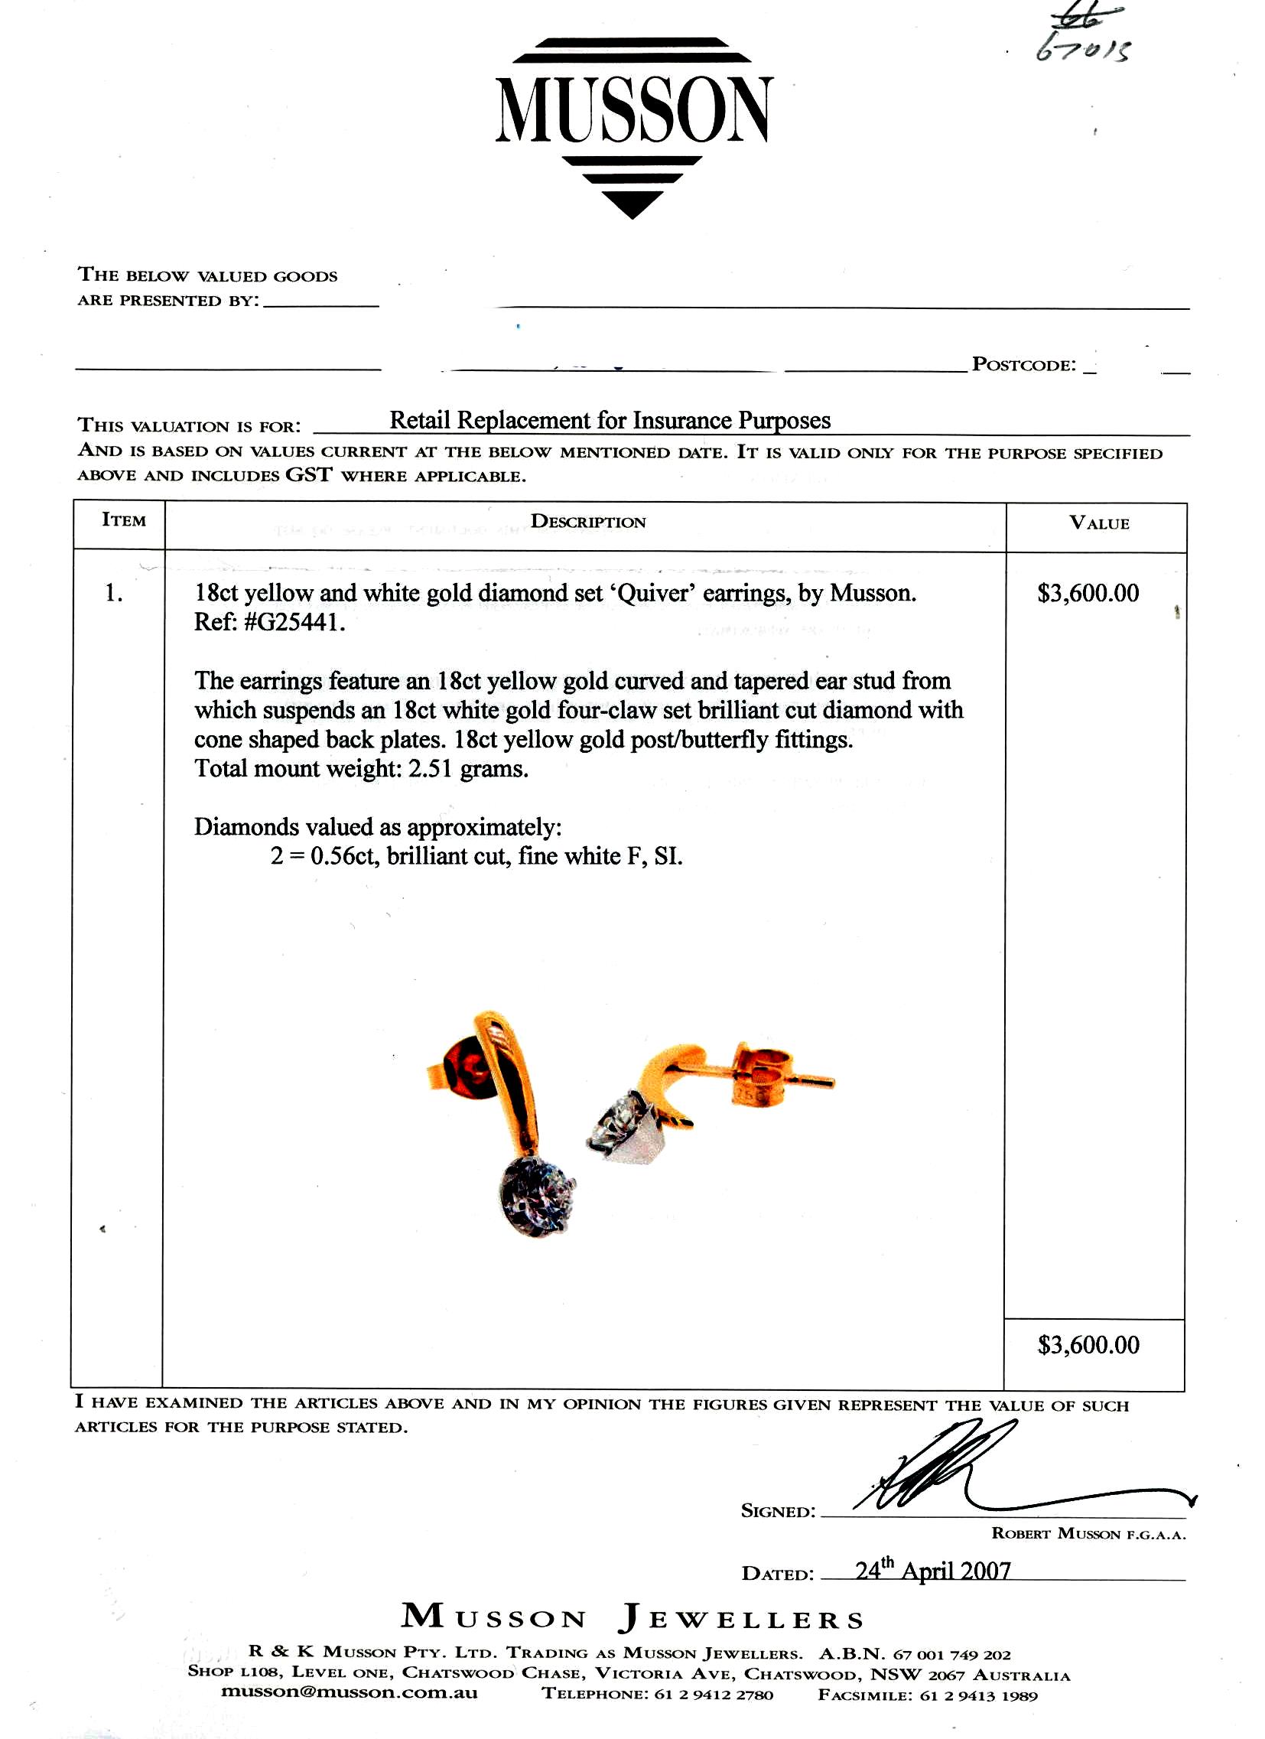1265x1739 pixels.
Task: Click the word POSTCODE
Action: (x=1023, y=364)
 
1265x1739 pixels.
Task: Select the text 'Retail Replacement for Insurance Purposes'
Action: (x=610, y=420)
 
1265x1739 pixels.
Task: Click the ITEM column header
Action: (x=123, y=519)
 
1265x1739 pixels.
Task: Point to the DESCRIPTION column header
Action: (x=588, y=523)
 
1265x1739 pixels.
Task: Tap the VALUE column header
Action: (x=1098, y=524)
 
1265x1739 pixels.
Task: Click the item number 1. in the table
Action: (x=114, y=593)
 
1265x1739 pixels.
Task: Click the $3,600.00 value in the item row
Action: (x=1088, y=594)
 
